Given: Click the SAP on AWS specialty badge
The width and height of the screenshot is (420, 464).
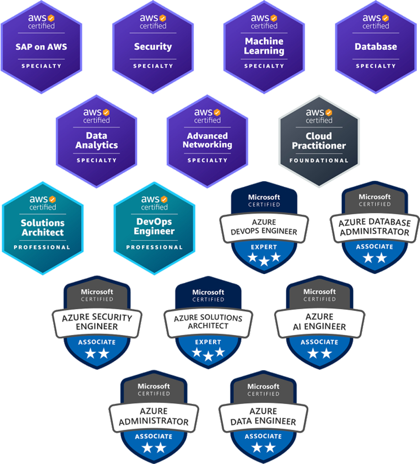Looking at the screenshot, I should tap(41, 47).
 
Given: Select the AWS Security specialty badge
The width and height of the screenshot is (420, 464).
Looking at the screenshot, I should tap(153, 47).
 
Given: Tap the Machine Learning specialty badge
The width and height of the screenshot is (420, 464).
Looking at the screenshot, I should tap(264, 47).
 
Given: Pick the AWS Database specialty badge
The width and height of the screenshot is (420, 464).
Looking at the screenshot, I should tap(376, 47).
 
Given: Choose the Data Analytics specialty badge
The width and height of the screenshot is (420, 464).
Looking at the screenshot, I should tap(97, 140).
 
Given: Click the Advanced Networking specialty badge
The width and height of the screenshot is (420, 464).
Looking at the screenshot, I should tap(207, 140).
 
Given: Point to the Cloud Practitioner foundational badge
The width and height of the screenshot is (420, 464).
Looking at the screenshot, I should tap(319, 140).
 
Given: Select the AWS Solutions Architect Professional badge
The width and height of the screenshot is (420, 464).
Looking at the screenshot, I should tap(42, 228).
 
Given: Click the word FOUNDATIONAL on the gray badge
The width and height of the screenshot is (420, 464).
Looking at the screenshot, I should tap(319, 161).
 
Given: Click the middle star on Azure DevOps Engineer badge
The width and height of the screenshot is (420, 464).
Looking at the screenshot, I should tap(264, 261).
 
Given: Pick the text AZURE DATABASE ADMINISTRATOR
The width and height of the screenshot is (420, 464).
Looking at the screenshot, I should tap(375, 227).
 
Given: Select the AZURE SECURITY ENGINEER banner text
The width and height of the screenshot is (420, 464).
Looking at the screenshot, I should tap(97, 322).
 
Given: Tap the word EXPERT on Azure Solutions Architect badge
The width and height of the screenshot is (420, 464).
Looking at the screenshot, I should tap(208, 341).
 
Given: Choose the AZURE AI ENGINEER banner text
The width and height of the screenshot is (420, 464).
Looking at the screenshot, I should tap(319, 322).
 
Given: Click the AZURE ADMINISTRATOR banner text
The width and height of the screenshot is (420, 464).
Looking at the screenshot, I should tap(154, 416).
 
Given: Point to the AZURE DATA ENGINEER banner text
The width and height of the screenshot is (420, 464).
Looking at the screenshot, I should tap(264, 416).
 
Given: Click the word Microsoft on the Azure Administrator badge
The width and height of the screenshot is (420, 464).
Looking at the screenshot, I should tap(154, 386).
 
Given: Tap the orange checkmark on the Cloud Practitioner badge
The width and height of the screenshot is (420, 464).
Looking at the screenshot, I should tap(328, 112).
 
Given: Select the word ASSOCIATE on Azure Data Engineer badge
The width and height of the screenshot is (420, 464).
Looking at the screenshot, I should tap(264, 436).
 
